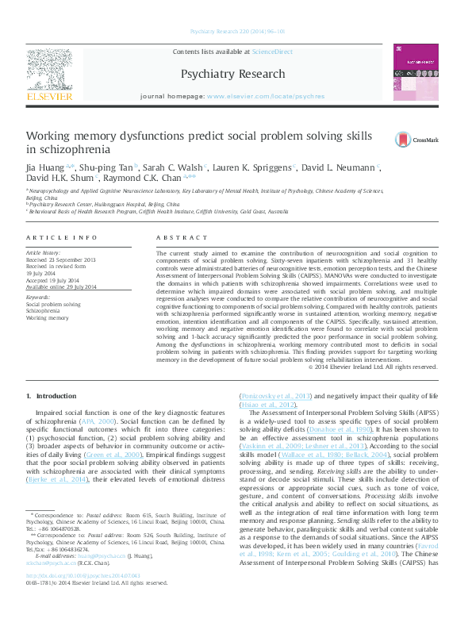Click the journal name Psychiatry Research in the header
(232, 74)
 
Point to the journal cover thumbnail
(416, 72)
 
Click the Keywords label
(39, 296)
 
